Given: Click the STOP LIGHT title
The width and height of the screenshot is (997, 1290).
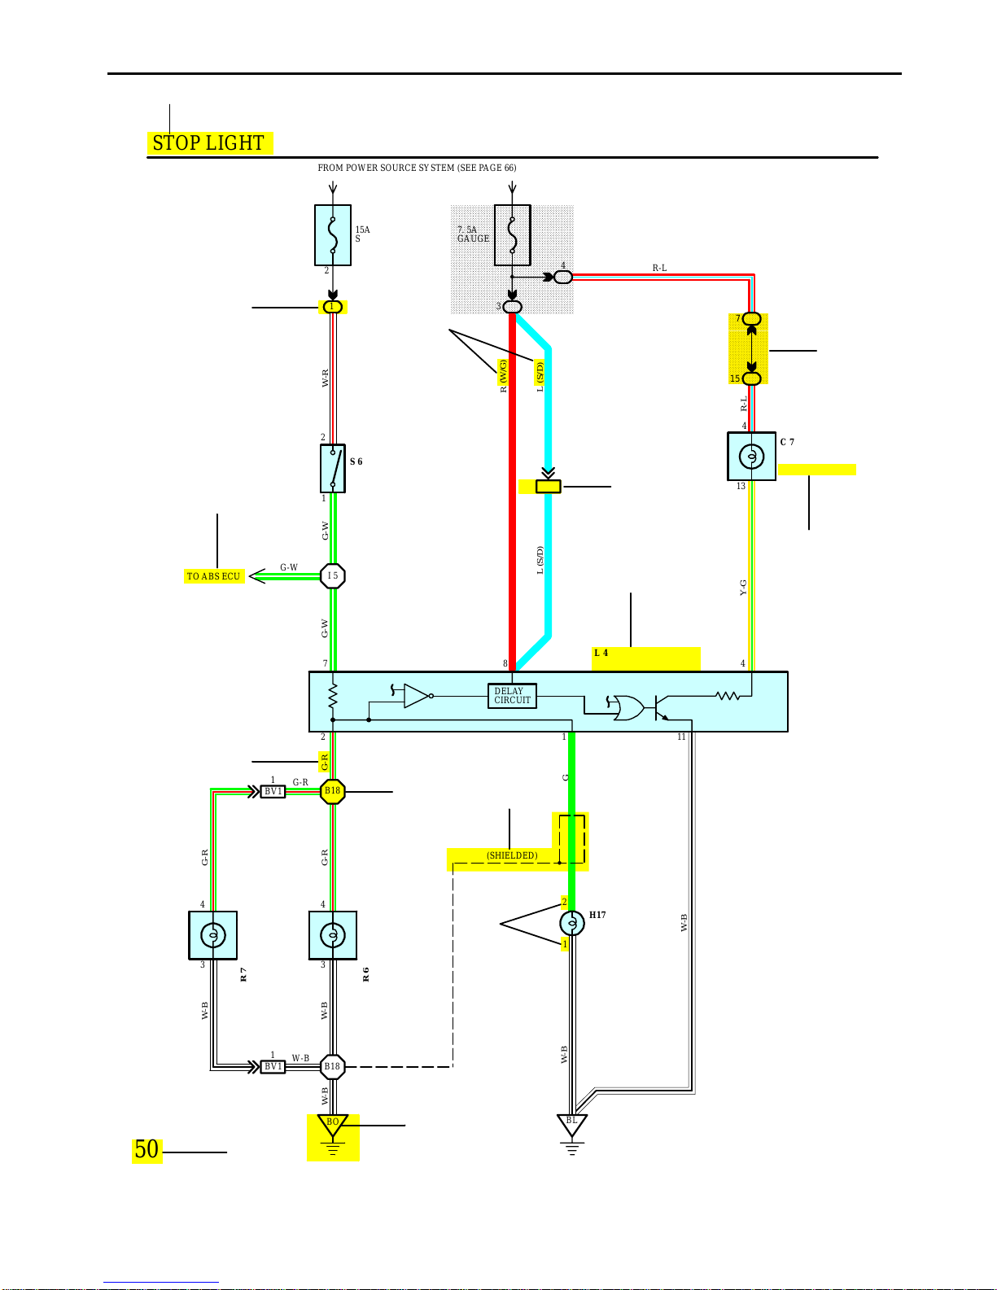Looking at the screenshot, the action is coord(208,143).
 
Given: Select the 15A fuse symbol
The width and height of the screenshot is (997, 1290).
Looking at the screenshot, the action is coord(332,235).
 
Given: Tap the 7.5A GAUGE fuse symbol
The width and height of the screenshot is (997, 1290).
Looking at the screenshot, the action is coord(512,235).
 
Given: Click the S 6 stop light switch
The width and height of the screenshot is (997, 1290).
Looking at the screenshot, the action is coord(333,469).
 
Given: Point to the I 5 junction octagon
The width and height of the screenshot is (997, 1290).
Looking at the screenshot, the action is coord(332,575).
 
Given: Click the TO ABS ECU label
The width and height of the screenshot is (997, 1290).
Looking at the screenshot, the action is coord(213,576).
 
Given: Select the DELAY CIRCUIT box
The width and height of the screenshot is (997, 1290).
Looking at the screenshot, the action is coord(512,696).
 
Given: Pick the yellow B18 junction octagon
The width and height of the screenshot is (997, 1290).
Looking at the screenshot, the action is coord(332,791).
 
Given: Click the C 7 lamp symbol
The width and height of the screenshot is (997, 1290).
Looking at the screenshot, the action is coord(751,456).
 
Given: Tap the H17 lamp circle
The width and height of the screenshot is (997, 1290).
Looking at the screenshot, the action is coord(572,922).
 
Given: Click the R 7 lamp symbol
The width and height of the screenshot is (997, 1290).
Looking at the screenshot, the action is coord(213,935).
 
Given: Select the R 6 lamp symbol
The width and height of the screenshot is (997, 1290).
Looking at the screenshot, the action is coord(333,935).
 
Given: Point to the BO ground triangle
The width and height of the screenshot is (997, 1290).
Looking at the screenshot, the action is coord(332,1126).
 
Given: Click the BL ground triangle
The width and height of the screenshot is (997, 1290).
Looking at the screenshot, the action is coord(572,1125).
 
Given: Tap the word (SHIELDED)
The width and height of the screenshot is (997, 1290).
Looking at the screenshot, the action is coord(512,855).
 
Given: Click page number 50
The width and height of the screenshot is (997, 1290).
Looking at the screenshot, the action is coord(146,1150).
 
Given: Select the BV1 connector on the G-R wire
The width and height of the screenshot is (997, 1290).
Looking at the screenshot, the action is coord(273,791).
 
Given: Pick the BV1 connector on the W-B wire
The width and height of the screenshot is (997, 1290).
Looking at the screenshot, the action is coord(273,1067).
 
